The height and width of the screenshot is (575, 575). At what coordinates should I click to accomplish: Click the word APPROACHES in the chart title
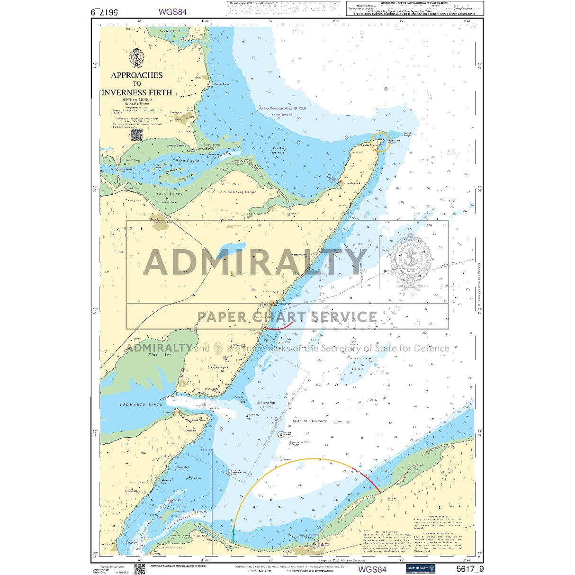pyautogui.click(x=137, y=75)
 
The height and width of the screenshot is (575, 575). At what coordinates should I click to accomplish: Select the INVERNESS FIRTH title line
pyautogui.click(x=137, y=92)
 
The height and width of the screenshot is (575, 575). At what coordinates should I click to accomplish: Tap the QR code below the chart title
pyautogui.click(x=136, y=135)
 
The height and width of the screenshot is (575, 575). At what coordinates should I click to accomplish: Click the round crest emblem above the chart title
pyautogui.click(x=136, y=58)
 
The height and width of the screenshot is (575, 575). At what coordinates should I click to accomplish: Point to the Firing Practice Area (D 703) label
pyautogui.click(x=283, y=108)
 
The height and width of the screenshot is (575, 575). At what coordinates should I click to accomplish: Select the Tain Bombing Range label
pyautogui.click(x=237, y=192)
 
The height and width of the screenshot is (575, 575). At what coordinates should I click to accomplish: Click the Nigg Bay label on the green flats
pyautogui.click(x=153, y=354)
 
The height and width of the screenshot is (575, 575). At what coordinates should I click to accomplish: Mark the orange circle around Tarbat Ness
pyautogui.click(x=380, y=141)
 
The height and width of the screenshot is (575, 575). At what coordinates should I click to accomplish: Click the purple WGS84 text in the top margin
pyautogui.click(x=172, y=12)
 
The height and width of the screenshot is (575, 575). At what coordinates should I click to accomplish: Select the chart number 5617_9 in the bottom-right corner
pyautogui.click(x=470, y=569)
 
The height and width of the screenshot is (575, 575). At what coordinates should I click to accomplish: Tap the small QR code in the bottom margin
pyautogui.click(x=139, y=569)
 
